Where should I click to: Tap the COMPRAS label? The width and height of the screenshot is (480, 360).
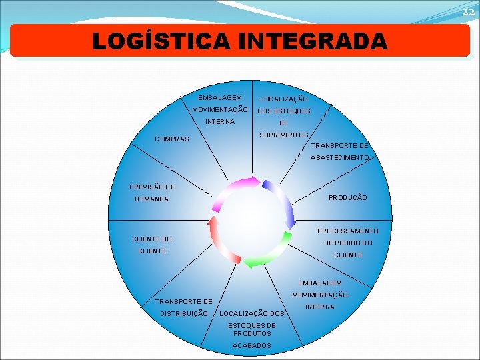coord(172,139)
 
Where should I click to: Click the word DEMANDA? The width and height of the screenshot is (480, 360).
coord(152,199)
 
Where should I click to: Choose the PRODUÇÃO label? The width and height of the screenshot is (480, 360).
coord(347,198)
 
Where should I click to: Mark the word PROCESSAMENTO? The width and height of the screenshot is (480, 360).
coord(347,231)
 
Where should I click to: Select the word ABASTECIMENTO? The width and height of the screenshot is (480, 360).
coord(339,158)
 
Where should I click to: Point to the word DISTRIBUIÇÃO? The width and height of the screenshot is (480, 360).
coord(184,313)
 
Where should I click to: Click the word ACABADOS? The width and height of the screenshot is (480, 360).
coord(252,345)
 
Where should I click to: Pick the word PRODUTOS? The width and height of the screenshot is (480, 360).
coord(252,333)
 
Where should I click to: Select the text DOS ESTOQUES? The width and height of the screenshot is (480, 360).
coord(284,111)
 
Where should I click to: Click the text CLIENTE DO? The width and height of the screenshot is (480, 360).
coord(152,239)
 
